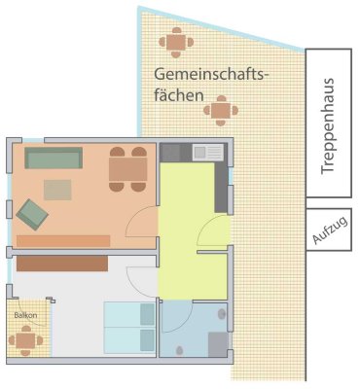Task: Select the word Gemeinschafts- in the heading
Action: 210,75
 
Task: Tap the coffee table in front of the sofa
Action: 57,189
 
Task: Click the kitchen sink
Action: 207,152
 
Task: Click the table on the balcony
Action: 25,340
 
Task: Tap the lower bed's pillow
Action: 147,340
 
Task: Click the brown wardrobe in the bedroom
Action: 61,263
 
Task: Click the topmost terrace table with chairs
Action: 176,41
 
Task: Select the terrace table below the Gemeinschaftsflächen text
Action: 222,110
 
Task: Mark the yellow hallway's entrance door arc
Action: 214,231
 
